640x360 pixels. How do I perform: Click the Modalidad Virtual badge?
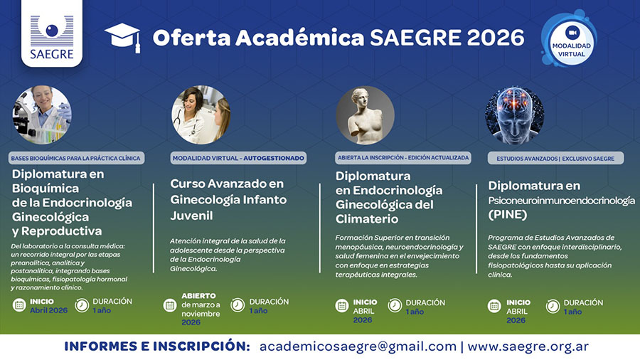[572, 38]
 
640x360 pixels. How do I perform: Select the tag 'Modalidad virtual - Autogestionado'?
[238, 157]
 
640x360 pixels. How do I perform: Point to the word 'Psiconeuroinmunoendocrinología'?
[561, 201]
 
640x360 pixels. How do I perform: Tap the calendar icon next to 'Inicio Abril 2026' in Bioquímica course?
[19, 305]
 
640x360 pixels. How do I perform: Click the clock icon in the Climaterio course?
[395, 305]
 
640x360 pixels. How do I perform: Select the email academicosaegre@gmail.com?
[358, 346]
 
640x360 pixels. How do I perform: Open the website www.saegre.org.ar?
[528, 346]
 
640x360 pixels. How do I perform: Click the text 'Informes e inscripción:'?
[157, 346]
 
